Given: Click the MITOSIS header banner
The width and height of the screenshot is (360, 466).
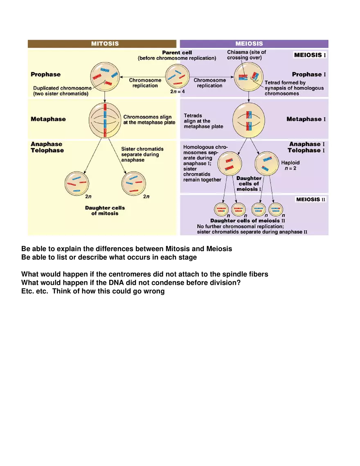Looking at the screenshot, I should click(x=102, y=44).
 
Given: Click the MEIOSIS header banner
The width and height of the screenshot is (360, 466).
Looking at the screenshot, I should click(x=254, y=44).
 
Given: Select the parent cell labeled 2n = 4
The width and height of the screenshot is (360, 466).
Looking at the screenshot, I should click(x=178, y=76).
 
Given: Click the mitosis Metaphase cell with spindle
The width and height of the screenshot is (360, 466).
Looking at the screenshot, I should click(x=105, y=120).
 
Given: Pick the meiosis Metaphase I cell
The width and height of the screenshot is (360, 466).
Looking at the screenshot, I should click(x=249, y=120).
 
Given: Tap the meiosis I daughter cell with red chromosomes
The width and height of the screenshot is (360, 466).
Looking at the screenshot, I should click(x=229, y=164).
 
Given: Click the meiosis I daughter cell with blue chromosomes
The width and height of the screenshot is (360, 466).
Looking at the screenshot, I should click(x=267, y=164).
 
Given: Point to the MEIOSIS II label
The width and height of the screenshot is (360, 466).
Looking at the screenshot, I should click(x=311, y=200).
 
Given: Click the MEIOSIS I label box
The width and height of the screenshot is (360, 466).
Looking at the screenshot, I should click(x=310, y=55).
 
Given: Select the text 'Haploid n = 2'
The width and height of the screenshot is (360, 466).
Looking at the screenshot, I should click(x=290, y=165).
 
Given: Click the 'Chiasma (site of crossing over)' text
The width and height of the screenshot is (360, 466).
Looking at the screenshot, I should click(x=246, y=55).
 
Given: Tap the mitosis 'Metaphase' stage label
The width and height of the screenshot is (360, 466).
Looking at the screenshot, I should click(x=48, y=119).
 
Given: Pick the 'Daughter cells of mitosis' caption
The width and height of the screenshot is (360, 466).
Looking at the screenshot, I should click(x=105, y=210).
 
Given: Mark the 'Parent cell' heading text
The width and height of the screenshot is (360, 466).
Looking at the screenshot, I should click(x=177, y=53).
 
